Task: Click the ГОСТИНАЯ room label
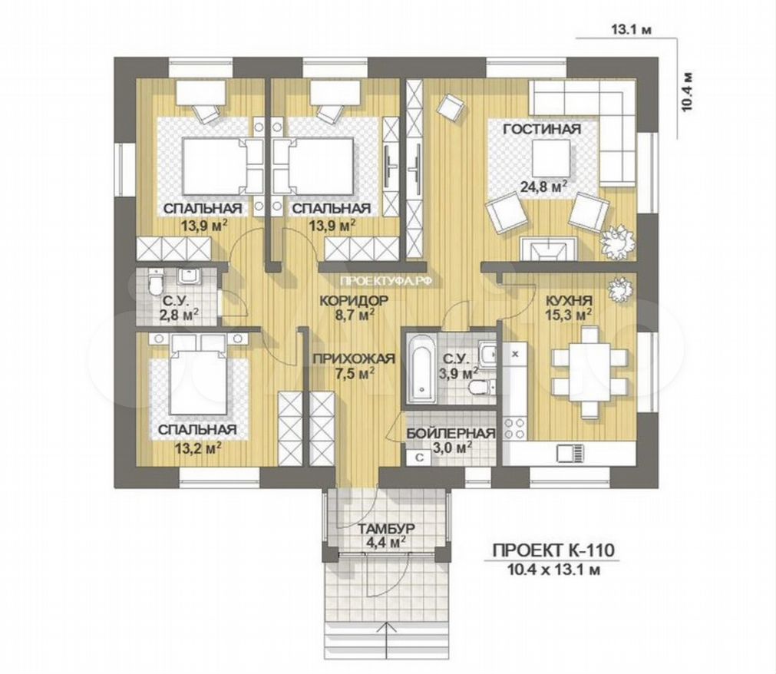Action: pyautogui.click(x=542, y=130)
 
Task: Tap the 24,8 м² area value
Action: pyautogui.click(x=543, y=187)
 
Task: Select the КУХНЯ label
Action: pyautogui.click(x=569, y=301)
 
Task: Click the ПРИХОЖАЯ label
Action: pyautogui.click(x=353, y=358)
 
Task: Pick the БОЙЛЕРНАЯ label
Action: pyautogui.click(x=451, y=434)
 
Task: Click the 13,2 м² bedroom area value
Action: pyautogui.click(x=197, y=448)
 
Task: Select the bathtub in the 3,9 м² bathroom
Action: pyautogui.click(x=421, y=368)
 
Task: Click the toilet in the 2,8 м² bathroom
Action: pyautogui.click(x=156, y=283)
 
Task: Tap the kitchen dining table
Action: pyautogui.click(x=589, y=365)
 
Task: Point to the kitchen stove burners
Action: pyautogui.click(x=515, y=428)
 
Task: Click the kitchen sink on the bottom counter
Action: pyautogui.click(x=570, y=453)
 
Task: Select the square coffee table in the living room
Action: pyautogui.click(x=551, y=158)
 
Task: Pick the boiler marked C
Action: pyautogui.click(x=418, y=458)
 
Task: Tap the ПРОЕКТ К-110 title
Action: pyautogui.click(x=553, y=550)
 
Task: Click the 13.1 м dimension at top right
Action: pyautogui.click(x=632, y=30)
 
